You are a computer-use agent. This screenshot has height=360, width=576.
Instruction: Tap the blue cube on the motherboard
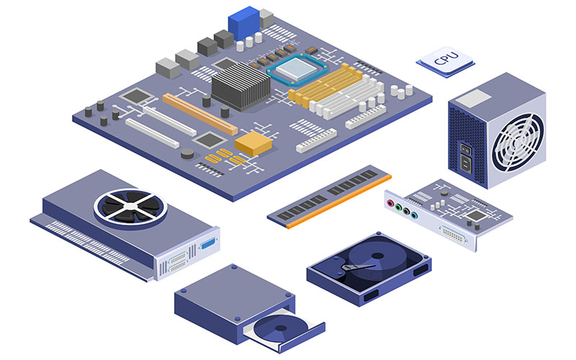tap(243, 23)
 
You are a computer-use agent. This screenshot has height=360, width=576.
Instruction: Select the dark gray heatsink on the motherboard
tap(240, 86)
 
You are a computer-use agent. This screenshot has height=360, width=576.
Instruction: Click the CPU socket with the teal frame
tap(297, 69)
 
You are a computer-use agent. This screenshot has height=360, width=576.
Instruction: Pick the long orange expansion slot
tap(200, 114)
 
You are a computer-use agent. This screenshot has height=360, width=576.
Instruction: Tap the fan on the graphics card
tap(130, 207)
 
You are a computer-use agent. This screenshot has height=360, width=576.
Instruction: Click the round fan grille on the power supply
tap(518, 143)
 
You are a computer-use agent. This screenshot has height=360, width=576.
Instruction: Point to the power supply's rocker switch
tap(465, 149)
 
